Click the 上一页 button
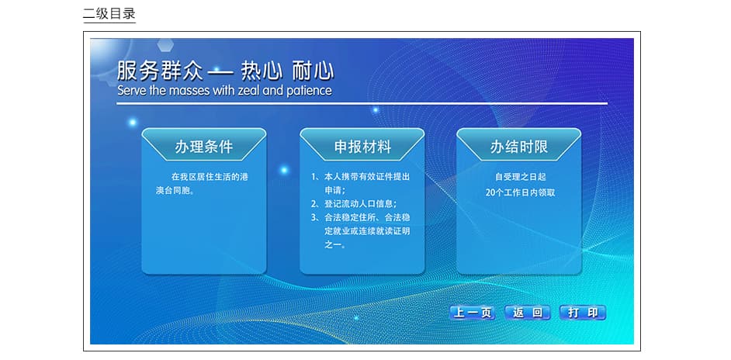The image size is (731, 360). click(x=473, y=313)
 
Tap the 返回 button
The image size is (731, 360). click(x=528, y=313)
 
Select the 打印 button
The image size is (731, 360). click(x=583, y=313)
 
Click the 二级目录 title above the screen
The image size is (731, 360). click(x=109, y=13)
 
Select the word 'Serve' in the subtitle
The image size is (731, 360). click(x=132, y=91)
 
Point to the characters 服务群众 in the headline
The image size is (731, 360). click(x=161, y=71)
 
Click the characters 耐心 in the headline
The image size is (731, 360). click(x=314, y=71)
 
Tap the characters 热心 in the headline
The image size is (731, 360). click(x=262, y=71)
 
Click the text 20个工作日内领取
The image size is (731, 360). click(x=520, y=192)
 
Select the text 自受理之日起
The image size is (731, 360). click(x=520, y=177)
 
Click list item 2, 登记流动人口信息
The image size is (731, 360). click(x=354, y=204)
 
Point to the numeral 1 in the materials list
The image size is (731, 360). click(x=314, y=177)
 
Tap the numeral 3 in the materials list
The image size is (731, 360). click(x=314, y=217)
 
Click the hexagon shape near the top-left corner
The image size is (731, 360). click(x=165, y=45)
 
